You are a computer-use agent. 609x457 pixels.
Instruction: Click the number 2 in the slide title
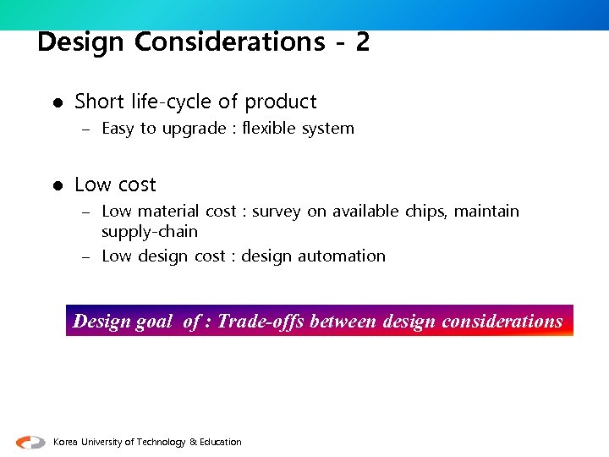tap(363, 41)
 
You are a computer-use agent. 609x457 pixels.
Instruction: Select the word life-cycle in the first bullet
tap(173, 102)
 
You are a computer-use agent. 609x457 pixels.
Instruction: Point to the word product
tap(281, 102)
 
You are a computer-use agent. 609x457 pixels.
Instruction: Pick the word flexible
tap(268, 129)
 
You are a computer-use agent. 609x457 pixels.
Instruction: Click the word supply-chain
tap(150, 232)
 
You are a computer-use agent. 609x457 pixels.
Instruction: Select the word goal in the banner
tap(154, 322)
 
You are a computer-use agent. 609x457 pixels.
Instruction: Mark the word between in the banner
tap(343, 322)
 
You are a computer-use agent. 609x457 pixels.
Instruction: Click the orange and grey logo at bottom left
tap(31, 442)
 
